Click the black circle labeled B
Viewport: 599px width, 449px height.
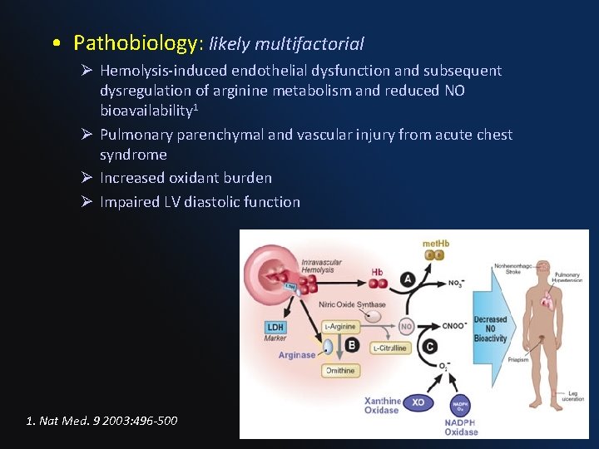pyautogui.click(x=352, y=345)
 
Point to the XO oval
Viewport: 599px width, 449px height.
pyautogui.click(x=418, y=403)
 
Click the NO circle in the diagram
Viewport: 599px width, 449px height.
pyautogui.click(x=406, y=326)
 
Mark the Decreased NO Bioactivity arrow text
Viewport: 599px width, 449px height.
pyautogui.click(x=490, y=328)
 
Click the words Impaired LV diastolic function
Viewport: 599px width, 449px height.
pyautogui.click(x=200, y=201)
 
